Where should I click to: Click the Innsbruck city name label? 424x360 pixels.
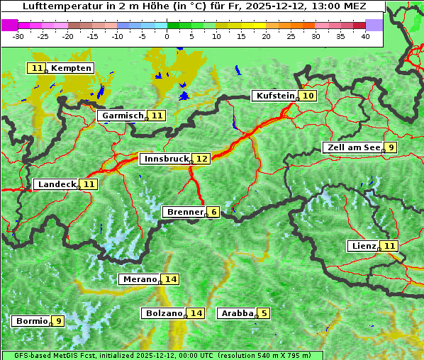click(x=165, y=159)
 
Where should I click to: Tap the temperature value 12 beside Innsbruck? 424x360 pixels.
click(x=203, y=159)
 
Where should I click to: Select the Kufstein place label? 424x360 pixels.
click(x=274, y=96)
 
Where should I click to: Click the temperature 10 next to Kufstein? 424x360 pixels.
click(x=308, y=96)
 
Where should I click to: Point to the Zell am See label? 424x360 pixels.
click(x=352, y=147)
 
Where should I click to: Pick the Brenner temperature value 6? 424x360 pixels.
click(x=213, y=212)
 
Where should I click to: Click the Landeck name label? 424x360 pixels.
click(x=56, y=184)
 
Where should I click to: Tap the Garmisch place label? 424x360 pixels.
click(x=122, y=115)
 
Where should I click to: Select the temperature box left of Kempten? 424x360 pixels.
click(x=37, y=68)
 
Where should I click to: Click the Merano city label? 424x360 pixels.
click(x=139, y=279)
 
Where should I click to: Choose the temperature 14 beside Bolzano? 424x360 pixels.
click(x=196, y=313)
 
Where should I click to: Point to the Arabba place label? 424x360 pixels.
click(x=237, y=313)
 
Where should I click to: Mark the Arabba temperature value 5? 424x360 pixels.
click(x=264, y=313)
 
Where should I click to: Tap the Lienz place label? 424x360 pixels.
click(x=363, y=246)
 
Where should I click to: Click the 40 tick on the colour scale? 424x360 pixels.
click(x=365, y=35)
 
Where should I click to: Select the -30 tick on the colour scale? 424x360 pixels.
click(x=18, y=35)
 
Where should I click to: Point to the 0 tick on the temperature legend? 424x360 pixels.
click(x=167, y=35)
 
